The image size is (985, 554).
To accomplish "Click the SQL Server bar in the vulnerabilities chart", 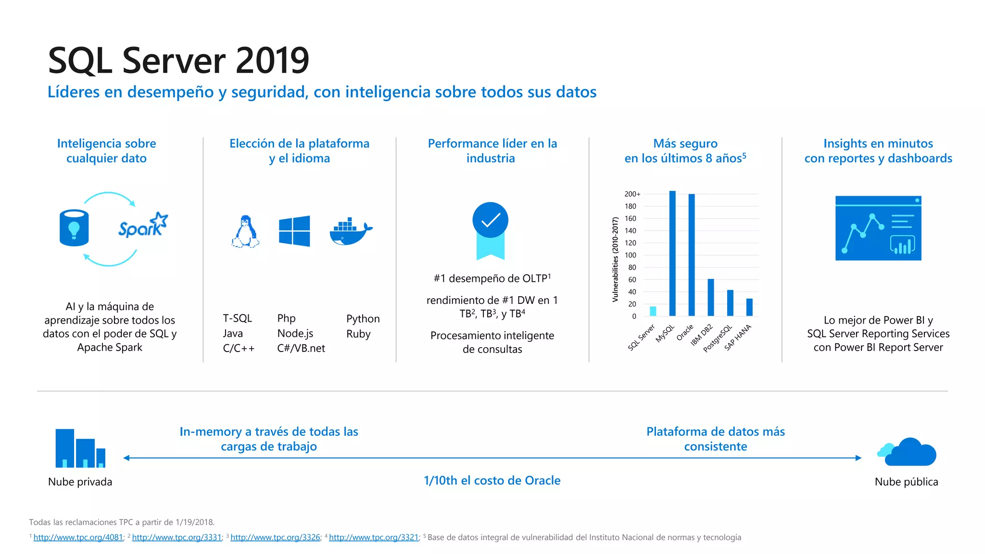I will pyautogui.click(x=653, y=311).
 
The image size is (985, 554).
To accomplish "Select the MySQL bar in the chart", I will pyautogui.click(x=672, y=253).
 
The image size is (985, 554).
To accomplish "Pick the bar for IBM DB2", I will pyautogui.click(x=711, y=297).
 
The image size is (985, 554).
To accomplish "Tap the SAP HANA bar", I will pyautogui.click(x=749, y=307).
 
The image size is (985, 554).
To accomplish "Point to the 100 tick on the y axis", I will pyautogui.click(x=631, y=255).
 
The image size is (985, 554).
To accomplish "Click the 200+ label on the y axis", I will pyautogui.click(x=632, y=194).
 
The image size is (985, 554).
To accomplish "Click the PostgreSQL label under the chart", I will pyautogui.click(x=718, y=339).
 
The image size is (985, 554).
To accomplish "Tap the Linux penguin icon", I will pyautogui.click(x=246, y=231).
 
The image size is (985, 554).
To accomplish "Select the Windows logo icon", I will pyautogui.click(x=294, y=231).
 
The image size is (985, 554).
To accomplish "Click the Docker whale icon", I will pyautogui.click(x=351, y=232).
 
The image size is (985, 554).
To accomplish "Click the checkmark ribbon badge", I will pyautogui.click(x=490, y=230).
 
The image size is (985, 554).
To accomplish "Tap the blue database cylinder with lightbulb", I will pyautogui.click(x=74, y=227).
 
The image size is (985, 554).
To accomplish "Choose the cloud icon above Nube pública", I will pyautogui.click(x=907, y=453).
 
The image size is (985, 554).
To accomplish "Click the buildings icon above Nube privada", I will pyautogui.click(x=80, y=448).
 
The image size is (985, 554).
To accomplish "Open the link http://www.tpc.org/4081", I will pyautogui.click(x=78, y=538).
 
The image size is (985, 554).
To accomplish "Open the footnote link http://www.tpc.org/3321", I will pyautogui.click(x=374, y=538).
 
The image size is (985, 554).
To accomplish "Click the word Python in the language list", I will pyautogui.click(x=363, y=319).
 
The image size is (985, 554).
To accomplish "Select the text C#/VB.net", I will pyautogui.click(x=301, y=348).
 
